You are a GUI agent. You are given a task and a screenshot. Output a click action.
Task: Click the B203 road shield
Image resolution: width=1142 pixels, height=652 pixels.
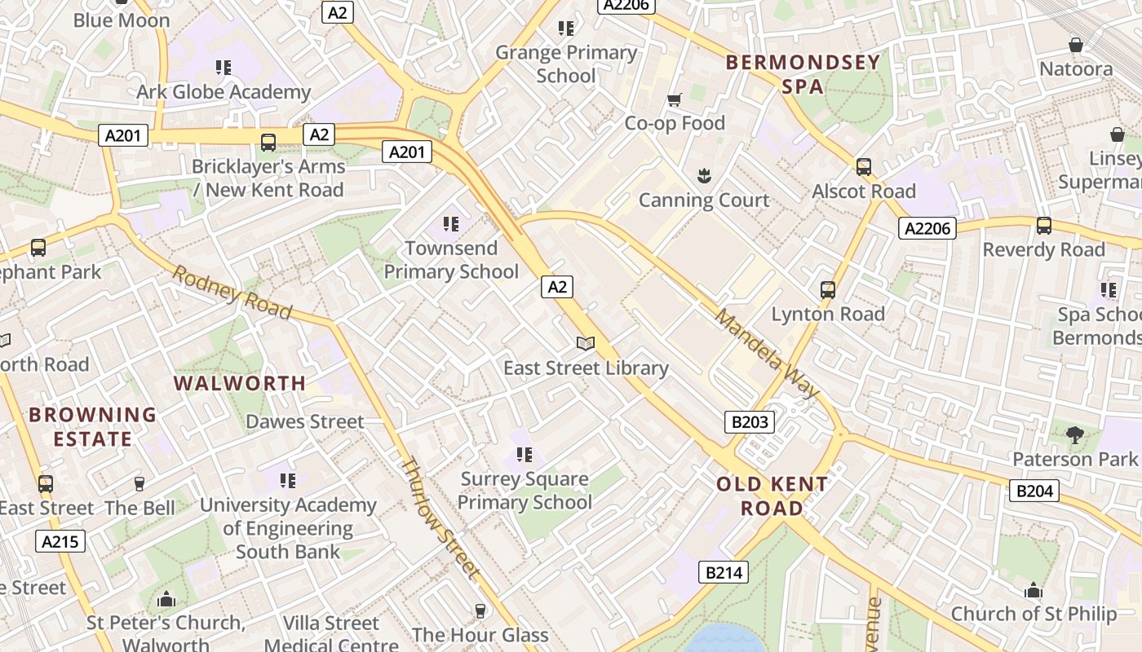[750, 421]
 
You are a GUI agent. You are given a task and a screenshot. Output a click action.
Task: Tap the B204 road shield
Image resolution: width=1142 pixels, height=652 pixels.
[1034, 490]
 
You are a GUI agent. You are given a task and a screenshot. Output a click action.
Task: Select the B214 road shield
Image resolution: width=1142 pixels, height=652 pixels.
[724, 572]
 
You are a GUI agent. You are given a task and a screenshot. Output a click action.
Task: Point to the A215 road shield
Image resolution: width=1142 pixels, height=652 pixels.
[60, 540]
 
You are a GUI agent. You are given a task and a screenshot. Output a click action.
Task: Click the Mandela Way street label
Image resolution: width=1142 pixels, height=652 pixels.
[766, 354]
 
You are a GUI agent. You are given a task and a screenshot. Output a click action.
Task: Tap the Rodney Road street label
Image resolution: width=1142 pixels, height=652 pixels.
[232, 293]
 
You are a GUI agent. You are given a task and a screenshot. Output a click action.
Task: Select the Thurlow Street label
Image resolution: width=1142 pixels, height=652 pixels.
[439, 518]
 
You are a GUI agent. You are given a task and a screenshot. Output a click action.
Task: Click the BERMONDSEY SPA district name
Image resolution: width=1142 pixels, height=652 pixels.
[803, 73]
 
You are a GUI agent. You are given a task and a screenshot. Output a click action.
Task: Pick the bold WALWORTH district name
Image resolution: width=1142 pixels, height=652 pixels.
[240, 383]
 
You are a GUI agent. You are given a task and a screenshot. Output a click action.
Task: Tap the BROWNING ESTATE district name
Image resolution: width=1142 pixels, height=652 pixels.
[92, 426]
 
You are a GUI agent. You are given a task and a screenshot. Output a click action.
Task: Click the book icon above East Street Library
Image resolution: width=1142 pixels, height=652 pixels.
[586, 344]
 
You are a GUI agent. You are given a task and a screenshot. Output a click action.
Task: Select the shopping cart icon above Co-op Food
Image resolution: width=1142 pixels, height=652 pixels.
[675, 99]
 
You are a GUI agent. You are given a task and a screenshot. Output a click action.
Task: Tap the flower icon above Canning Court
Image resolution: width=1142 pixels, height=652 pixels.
[703, 175]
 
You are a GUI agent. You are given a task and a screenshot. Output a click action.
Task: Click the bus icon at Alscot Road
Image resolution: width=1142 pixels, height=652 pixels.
[864, 167]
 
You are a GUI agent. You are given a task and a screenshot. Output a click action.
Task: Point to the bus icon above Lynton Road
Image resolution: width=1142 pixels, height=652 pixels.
[828, 290]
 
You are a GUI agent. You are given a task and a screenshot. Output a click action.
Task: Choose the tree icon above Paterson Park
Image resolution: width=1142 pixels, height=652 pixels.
[1075, 435]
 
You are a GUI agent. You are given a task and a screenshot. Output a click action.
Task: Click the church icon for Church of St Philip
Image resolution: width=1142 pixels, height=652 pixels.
[1034, 590]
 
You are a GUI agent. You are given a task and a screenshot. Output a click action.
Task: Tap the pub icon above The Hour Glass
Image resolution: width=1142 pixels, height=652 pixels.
[480, 610]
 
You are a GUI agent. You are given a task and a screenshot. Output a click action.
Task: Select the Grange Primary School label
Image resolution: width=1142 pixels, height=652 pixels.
[566, 64]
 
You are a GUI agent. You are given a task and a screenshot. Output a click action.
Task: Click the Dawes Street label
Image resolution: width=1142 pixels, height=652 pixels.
[305, 421]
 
